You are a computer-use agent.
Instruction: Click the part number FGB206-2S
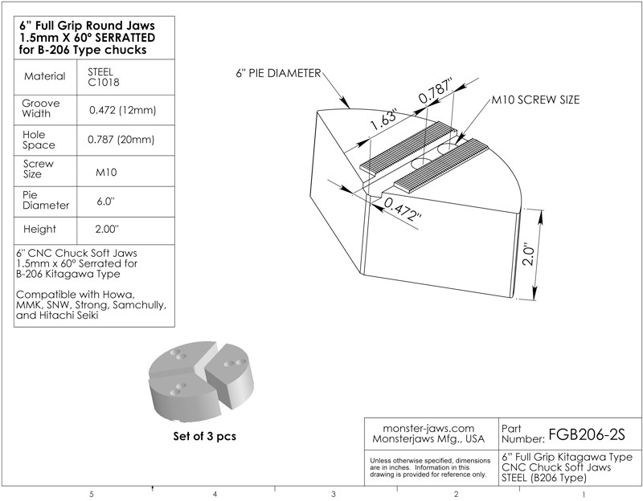[x=586, y=434]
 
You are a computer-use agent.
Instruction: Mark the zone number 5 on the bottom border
[x=92, y=494]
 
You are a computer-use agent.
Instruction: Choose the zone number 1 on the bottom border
[x=582, y=494]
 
